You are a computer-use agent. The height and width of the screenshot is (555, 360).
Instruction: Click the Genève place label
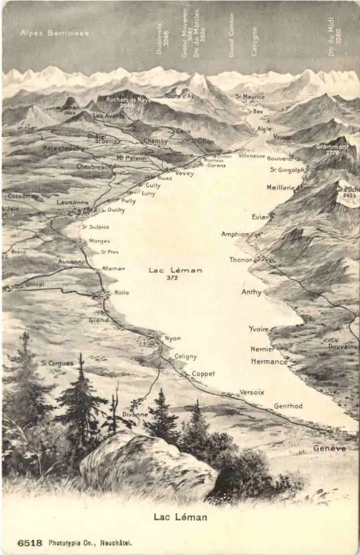pyautogui.click(x=329, y=448)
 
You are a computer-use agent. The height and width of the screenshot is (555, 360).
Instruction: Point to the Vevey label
pyautogui.click(x=184, y=173)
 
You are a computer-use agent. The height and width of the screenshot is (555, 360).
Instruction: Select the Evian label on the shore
pyautogui.click(x=262, y=217)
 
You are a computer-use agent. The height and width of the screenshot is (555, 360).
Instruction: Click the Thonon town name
pyautogui.click(x=241, y=259)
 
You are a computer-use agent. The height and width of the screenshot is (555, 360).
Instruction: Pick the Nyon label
pyautogui.click(x=173, y=339)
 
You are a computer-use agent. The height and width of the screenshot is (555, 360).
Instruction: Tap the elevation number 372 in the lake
pyautogui.click(x=172, y=277)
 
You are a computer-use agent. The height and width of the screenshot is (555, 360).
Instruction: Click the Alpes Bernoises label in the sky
pyautogui.click(x=54, y=33)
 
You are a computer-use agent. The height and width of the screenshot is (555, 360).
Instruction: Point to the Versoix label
pyautogui.click(x=252, y=392)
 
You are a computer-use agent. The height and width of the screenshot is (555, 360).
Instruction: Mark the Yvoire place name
pyautogui.click(x=258, y=329)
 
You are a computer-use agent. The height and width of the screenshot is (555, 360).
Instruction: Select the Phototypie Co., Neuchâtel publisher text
pyautogui.click(x=90, y=542)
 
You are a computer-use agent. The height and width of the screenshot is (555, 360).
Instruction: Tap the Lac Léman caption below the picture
pyautogui.click(x=180, y=517)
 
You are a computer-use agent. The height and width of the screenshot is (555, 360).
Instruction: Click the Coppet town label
pyautogui.click(x=203, y=374)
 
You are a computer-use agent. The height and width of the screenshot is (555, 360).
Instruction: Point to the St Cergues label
pyautogui.click(x=57, y=363)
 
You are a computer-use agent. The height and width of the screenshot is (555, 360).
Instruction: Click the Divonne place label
pyautogui.click(x=135, y=415)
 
